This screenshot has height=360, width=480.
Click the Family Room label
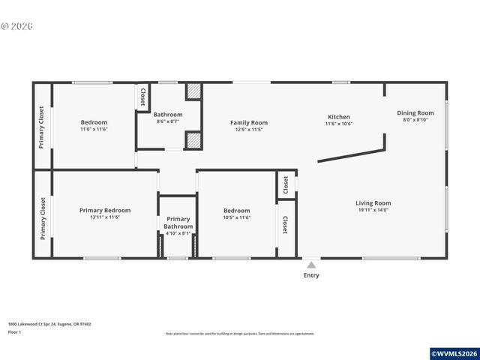[248, 122]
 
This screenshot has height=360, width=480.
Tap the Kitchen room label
[338, 117]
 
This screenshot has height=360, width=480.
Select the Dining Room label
[415, 113]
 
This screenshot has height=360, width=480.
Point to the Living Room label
[373, 202]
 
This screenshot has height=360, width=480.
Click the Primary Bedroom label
[105, 210]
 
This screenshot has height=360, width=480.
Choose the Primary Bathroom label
[178, 222]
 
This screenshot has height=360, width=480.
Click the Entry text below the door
[311, 275]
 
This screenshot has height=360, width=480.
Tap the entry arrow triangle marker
[311, 264]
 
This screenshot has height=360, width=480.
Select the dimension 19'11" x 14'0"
[373, 210]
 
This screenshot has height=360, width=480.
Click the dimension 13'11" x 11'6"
[105, 217]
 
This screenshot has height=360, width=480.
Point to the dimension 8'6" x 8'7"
[168, 121]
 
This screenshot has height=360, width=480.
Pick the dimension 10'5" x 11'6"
[236, 217]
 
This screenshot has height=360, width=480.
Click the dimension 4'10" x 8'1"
[178, 233]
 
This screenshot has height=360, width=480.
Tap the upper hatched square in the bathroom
[193, 91]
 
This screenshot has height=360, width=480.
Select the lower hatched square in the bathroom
[193, 140]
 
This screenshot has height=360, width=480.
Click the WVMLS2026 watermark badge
[454, 353]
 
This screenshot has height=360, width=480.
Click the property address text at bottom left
[49, 324]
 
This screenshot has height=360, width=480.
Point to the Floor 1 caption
[15, 331]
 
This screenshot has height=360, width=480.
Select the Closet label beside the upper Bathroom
[142, 97]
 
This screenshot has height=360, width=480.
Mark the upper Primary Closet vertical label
[42, 126]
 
